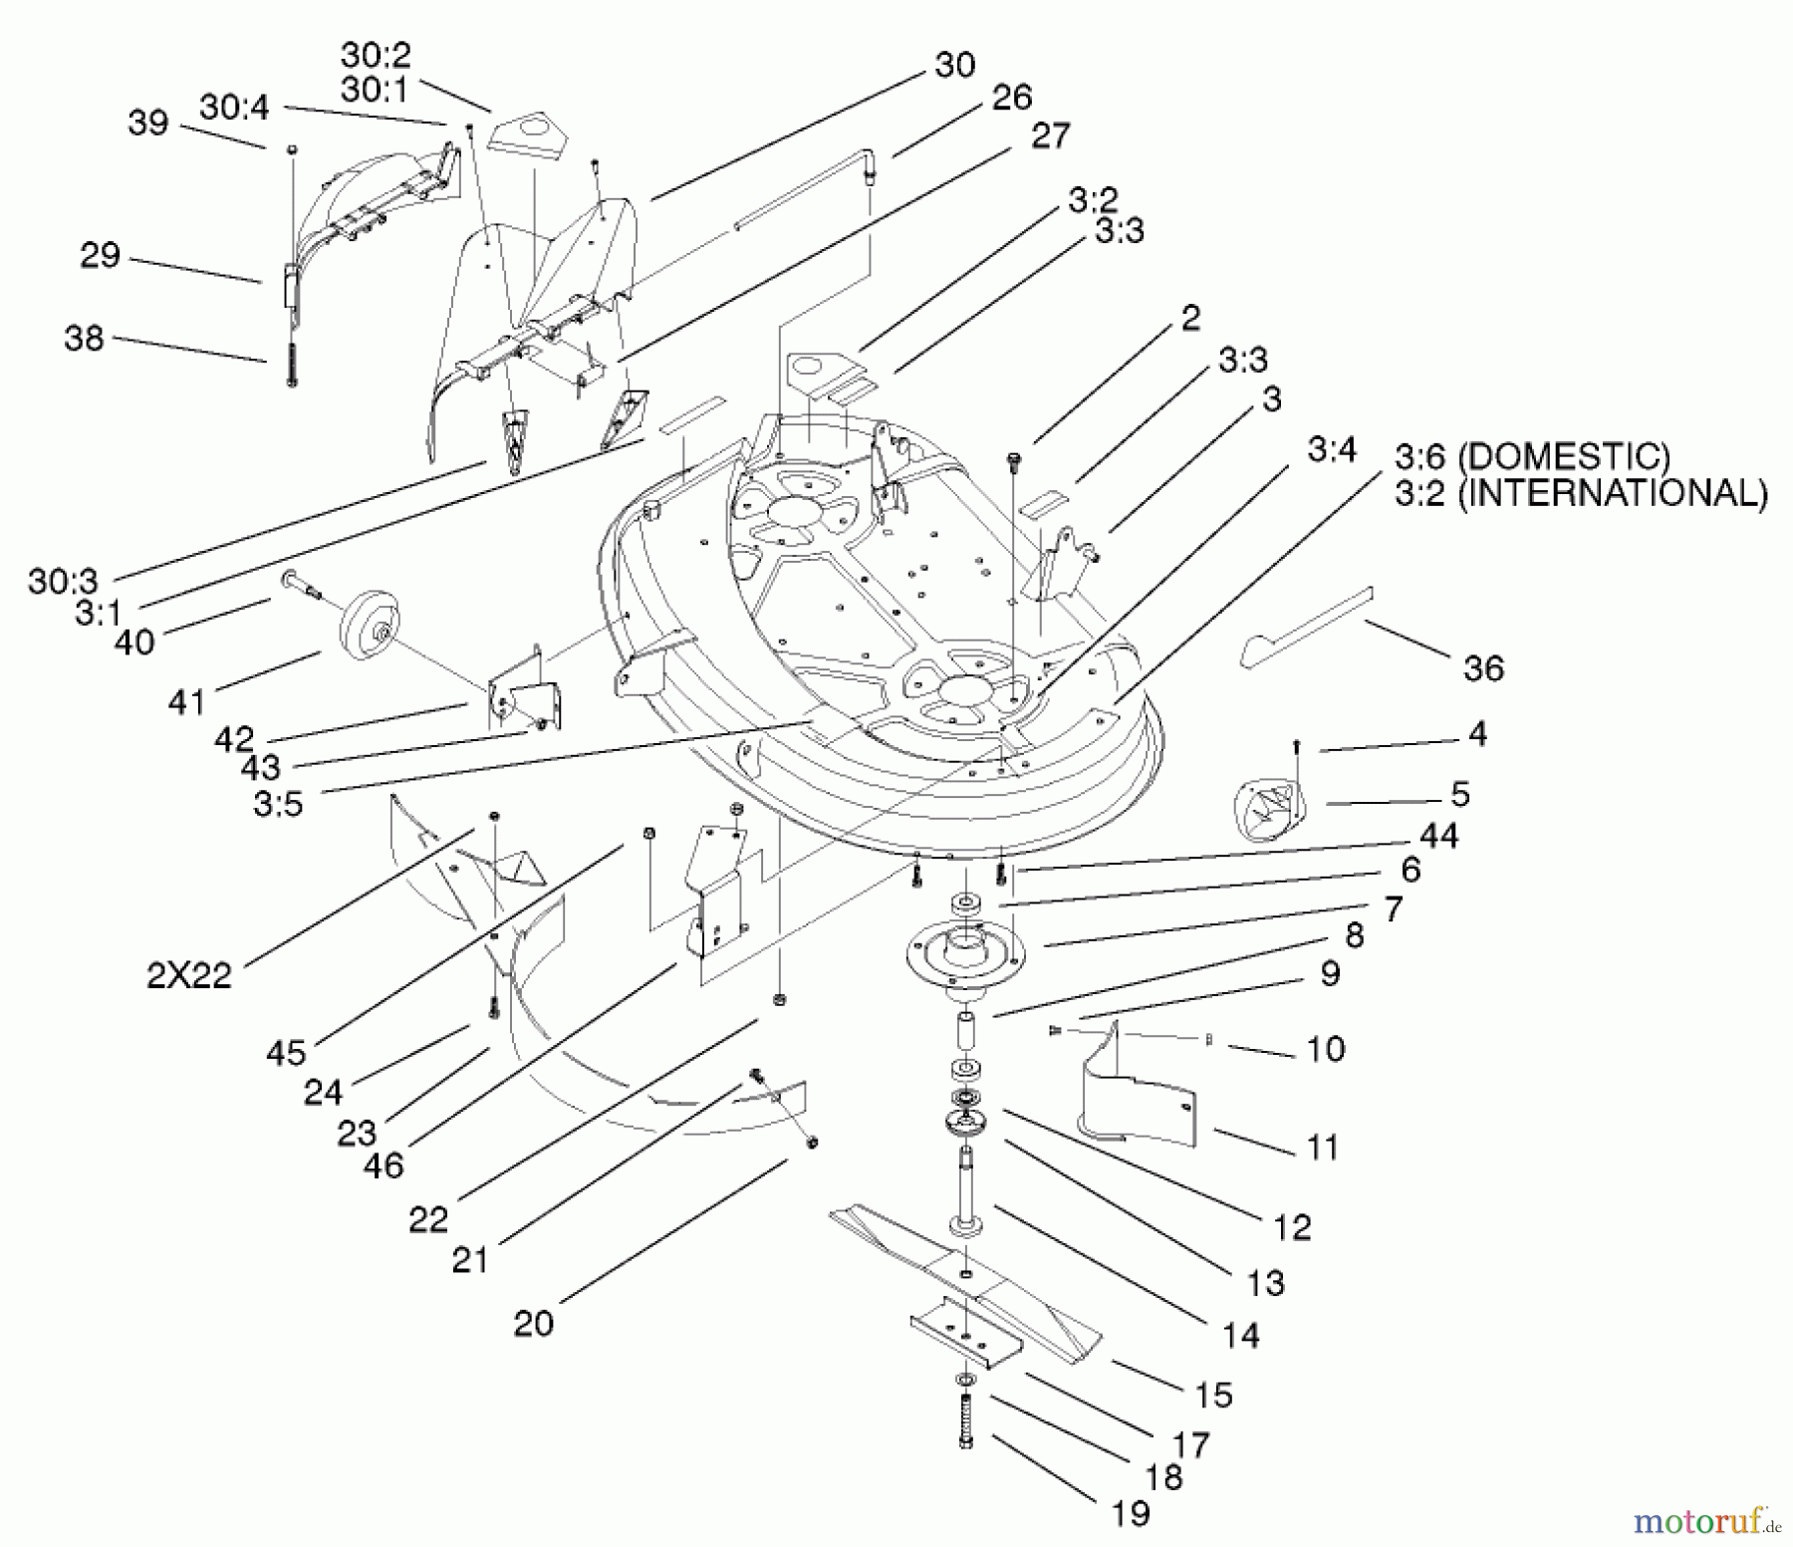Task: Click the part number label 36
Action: (1483, 667)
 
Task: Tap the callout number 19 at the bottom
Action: (1129, 1513)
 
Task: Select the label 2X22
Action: (189, 974)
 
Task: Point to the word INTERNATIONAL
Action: (1613, 494)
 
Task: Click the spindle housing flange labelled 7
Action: (961, 951)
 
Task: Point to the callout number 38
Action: (84, 338)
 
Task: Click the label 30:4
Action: (234, 107)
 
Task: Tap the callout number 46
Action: (384, 1164)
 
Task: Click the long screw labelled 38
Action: (292, 359)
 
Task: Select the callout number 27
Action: (1050, 134)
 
